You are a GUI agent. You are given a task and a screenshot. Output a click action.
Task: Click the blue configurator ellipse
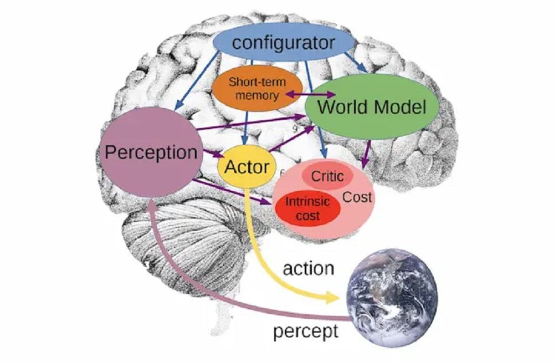click(284, 43)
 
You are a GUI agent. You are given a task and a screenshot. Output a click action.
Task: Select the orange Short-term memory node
click(257, 89)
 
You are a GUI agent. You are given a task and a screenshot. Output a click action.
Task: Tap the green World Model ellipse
click(372, 107)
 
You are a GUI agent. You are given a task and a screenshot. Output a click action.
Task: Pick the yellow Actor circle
click(247, 166)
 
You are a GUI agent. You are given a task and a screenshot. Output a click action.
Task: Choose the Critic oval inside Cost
click(327, 176)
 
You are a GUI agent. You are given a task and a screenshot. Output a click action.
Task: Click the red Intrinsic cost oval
click(307, 208)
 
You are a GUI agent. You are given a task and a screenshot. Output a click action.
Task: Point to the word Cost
click(357, 197)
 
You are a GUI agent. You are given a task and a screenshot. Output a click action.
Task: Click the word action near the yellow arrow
click(309, 269)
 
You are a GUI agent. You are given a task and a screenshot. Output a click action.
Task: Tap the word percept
click(306, 332)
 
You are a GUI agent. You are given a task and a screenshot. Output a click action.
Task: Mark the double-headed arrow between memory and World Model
click(310, 94)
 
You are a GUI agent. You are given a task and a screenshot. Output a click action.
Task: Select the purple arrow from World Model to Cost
click(366, 154)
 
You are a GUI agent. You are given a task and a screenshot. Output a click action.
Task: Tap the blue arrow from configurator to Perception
click(197, 80)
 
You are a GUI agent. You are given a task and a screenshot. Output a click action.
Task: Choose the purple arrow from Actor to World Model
click(291, 139)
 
